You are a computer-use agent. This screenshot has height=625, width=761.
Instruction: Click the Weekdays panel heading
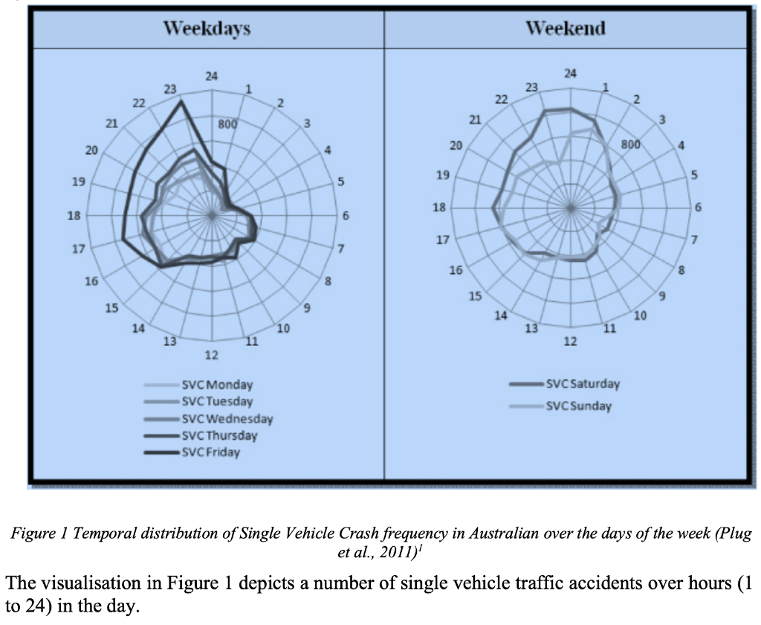[207, 29]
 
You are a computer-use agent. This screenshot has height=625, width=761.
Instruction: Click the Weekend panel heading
[566, 29]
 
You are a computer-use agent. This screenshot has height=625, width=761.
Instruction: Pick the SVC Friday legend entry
[211, 452]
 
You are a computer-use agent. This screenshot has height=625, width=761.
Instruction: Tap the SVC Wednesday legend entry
[227, 419]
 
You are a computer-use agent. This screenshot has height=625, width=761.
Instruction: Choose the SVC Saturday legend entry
[583, 384]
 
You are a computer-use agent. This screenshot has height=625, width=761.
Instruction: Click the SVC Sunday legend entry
[578, 406]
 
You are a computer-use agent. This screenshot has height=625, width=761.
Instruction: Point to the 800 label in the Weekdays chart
[227, 124]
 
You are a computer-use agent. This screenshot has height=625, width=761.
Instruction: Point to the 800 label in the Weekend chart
[630, 144]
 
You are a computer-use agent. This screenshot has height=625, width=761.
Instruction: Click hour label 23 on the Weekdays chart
[170, 89]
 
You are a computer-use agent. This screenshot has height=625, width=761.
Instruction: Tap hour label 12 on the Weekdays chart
[212, 354]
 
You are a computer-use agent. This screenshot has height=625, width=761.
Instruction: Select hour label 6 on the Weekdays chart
[346, 216]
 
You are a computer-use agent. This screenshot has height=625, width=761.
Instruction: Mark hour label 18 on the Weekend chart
[440, 208]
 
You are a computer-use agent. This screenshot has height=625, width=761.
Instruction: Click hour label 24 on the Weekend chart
[571, 73]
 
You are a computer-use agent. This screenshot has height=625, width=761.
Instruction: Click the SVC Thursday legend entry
[219, 436]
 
